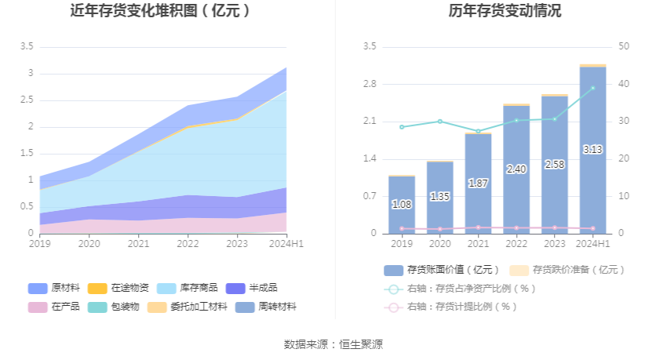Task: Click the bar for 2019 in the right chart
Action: pos(401,205)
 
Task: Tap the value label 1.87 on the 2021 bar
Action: pos(478,183)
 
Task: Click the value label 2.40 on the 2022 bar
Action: pos(516,169)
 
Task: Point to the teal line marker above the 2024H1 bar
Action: pos(592,88)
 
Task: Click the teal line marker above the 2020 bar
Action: pos(439,122)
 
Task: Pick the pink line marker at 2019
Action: pos(402,228)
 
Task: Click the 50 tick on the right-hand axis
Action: pos(625,47)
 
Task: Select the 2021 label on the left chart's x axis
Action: pos(138,244)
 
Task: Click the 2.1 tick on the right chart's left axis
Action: pos(369,122)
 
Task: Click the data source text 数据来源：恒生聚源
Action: pos(333,344)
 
